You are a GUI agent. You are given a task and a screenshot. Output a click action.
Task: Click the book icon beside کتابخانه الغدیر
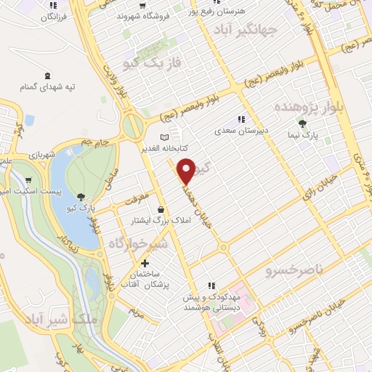point(164,136)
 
